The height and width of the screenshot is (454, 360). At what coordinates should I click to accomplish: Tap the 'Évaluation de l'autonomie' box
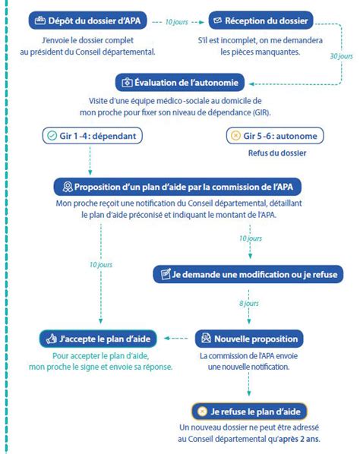pos(182,82)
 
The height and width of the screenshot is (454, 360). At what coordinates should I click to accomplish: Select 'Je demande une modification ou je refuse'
pos(248,273)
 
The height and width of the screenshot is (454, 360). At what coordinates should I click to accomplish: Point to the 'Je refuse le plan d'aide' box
pos(248,411)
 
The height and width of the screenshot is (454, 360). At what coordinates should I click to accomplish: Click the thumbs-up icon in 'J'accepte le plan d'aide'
pos(52,339)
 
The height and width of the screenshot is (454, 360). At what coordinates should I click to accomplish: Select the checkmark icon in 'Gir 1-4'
pos(52,137)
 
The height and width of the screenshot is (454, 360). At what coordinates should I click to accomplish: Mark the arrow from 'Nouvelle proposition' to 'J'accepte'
pos(178,339)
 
